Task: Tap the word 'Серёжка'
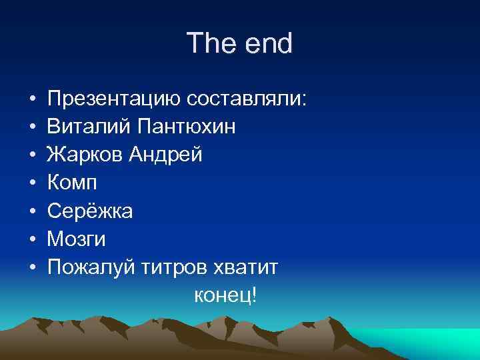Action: (x=90, y=211)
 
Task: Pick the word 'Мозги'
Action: (x=77, y=239)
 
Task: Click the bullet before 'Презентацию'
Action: (x=33, y=100)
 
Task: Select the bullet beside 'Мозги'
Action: (x=33, y=239)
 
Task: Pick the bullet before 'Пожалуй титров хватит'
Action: (x=33, y=267)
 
